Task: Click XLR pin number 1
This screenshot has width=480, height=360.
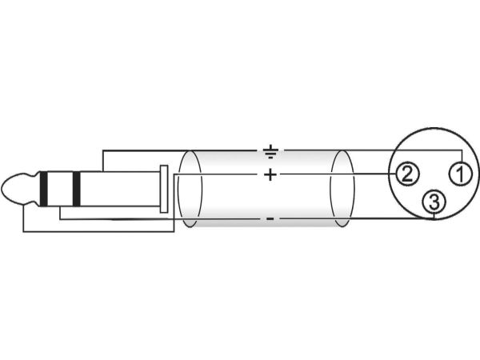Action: coord(460,174)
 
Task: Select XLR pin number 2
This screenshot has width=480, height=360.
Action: coord(406,174)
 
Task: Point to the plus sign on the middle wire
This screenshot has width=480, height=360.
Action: coord(270,174)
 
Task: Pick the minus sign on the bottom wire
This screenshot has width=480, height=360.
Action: coord(270,218)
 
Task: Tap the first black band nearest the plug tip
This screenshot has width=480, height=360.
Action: coord(44,189)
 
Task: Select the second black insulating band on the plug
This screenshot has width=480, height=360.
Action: coord(76,189)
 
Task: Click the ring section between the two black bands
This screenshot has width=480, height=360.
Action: coord(60,189)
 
